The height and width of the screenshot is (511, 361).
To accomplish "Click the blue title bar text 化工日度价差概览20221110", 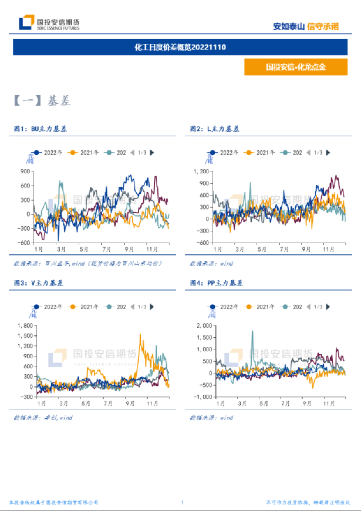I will point(180,47).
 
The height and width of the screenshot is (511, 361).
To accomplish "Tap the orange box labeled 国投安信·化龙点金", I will point(295,67).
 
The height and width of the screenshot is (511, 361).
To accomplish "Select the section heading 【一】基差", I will point(42,101).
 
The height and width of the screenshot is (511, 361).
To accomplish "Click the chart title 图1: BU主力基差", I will point(41,129).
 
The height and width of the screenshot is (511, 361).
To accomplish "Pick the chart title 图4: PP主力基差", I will point(217,283).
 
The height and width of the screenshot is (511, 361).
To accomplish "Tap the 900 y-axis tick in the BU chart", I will point(25,171).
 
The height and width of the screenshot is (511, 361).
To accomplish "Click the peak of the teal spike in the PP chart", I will point(252,331).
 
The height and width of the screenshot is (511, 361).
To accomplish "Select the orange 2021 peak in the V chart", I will point(140,335).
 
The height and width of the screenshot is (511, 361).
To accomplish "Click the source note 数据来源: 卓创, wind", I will point(43,418).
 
